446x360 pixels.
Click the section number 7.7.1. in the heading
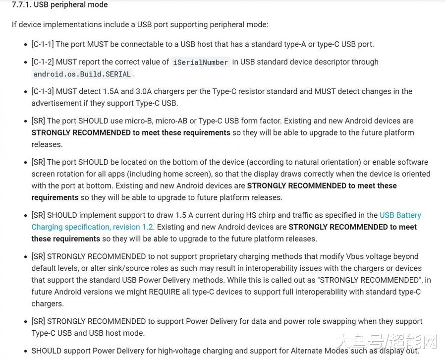pos(21,5)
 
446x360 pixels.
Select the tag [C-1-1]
pos(42,44)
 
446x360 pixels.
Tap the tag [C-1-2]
pos(42,62)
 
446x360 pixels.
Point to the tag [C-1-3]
pos(42,91)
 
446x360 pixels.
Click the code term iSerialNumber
pos(200,62)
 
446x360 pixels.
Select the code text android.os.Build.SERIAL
pos(82,74)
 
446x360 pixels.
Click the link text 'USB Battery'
pos(400,215)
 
